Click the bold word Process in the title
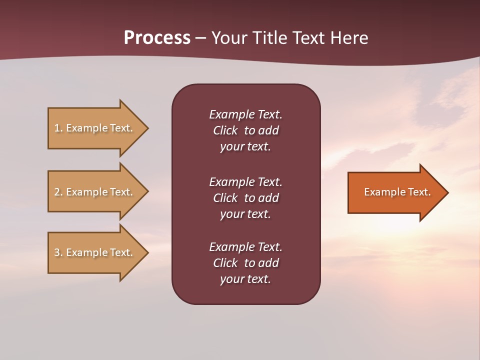[x=157, y=38]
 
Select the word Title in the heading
[x=269, y=38]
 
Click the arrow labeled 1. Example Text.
[x=95, y=128]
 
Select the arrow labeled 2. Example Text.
[x=95, y=192]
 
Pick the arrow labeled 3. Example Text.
[x=95, y=252]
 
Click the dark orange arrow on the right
[x=395, y=192]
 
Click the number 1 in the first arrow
[x=57, y=128]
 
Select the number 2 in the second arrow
[x=57, y=192]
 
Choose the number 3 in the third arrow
[x=57, y=252]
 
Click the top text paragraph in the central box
[x=245, y=130]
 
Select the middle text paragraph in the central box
[x=245, y=198]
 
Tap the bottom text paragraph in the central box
[x=245, y=263]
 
